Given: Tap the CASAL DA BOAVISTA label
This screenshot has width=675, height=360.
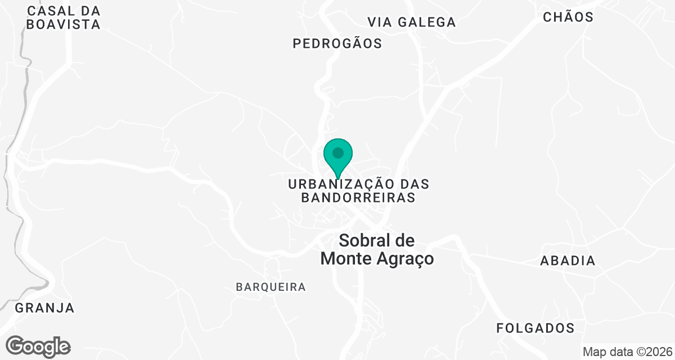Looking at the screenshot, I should point(63,17).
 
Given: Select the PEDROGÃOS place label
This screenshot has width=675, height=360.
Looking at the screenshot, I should point(337,43).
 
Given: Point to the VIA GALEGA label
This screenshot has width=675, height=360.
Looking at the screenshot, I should point(412,22).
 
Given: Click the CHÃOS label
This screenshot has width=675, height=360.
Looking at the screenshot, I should point(568,17).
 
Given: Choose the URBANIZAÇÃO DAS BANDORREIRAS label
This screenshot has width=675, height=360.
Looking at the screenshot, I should point(359,191).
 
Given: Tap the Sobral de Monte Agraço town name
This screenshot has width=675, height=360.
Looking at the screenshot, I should point(377,250).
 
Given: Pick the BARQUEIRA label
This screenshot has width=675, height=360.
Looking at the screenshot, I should point(271,287).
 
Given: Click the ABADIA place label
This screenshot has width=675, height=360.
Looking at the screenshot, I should point(568,261).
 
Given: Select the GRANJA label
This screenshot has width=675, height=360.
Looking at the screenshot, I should point(44,308).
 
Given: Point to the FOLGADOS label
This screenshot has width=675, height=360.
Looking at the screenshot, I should point(535,328).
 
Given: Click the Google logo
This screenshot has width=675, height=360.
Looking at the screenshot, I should point(38,346).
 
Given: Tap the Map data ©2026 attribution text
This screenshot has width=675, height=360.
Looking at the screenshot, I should point(627,352).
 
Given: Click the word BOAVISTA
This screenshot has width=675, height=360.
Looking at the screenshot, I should point(63,25).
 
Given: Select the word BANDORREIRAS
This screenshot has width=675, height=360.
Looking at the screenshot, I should point(359,197).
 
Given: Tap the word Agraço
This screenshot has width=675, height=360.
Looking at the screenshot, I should point(404,259).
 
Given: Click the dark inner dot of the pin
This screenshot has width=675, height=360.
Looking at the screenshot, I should point(338,152).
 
